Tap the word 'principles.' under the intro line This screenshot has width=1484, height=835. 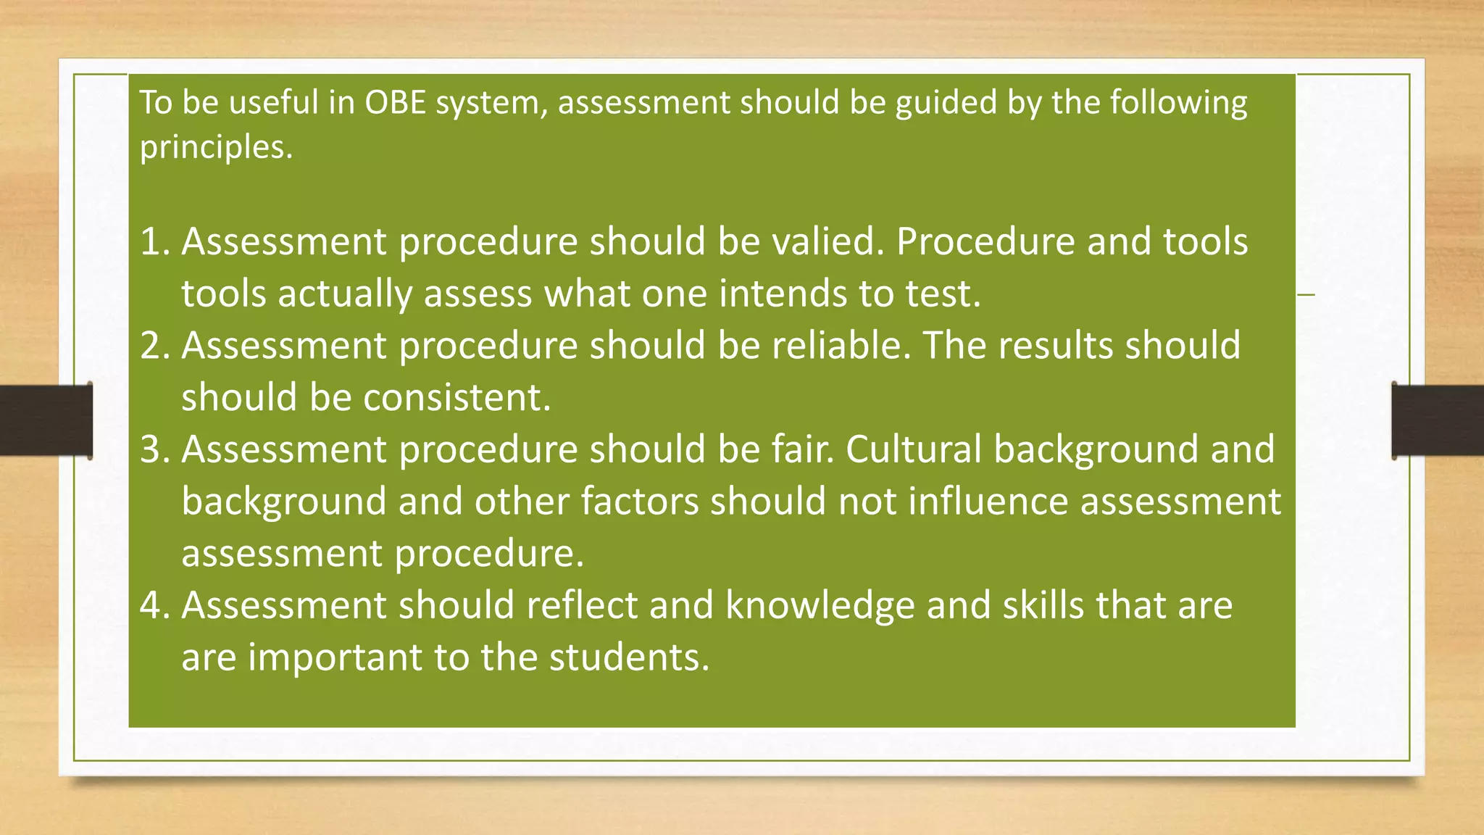[x=216, y=148]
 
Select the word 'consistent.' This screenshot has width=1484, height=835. [x=457, y=398]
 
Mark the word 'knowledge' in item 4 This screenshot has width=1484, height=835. [x=820, y=606]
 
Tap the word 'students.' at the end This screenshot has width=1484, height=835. [x=629, y=657]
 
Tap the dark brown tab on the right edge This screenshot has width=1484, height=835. [x=1438, y=420]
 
